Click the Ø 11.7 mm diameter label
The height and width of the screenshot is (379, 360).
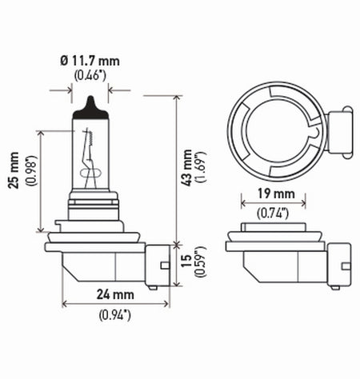point(90,60)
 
